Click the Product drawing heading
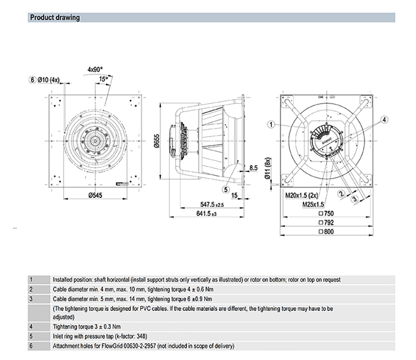[55, 18]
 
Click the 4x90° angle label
[95, 69]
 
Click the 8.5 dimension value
[253, 168]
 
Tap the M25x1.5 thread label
[313, 204]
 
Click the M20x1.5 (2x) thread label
[301, 195]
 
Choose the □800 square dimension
[326, 232]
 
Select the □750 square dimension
[326, 214]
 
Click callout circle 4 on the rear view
[385, 120]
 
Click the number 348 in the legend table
[141, 336]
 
